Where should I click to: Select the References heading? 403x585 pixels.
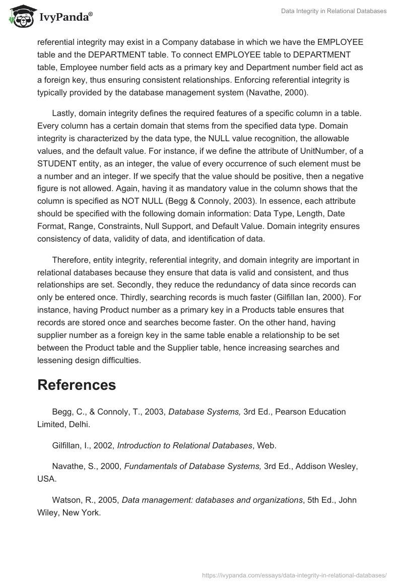coord(77,385)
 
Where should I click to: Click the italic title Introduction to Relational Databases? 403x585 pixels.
coord(184,445)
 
